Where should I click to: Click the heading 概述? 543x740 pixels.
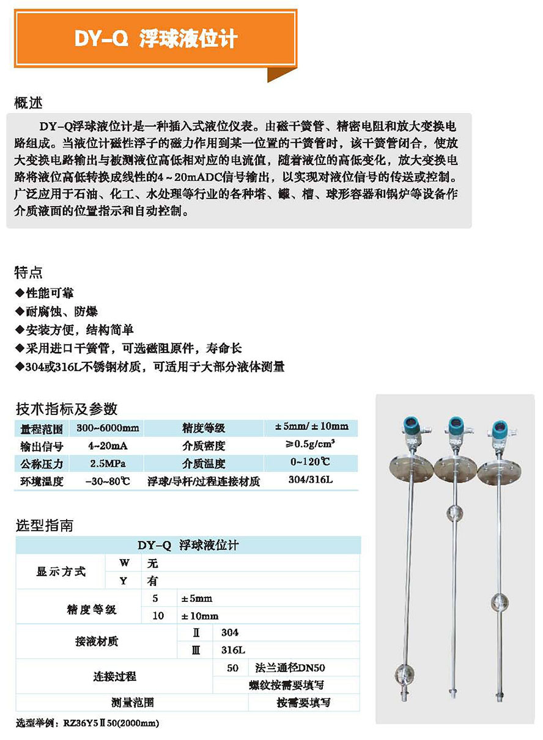click(29, 102)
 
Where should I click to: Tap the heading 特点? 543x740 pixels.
click(29, 272)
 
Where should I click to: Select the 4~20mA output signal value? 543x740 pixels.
click(106, 445)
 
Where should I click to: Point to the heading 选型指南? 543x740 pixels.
click(44, 526)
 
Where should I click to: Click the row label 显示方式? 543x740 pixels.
click(61, 572)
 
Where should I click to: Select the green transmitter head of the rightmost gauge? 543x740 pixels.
click(500, 428)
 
